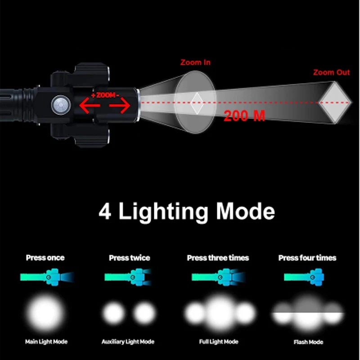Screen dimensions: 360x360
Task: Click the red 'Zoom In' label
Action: pyautogui.click(x=195, y=63)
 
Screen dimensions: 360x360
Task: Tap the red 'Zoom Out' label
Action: pyautogui.click(x=331, y=72)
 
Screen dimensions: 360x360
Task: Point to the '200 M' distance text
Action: pyautogui.click(x=244, y=116)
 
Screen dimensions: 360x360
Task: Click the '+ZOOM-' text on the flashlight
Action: pyautogui.click(x=105, y=95)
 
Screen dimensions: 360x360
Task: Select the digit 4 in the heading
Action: pyautogui.click(x=105, y=212)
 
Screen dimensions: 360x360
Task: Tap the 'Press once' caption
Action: pyautogui.click(x=45, y=258)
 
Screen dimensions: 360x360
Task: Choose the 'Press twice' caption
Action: pyautogui.click(x=130, y=258)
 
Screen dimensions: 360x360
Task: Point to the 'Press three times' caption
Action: pyautogui.click(x=218, y=258)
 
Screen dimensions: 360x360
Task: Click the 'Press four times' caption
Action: pyautogui.click(x=307, y=258)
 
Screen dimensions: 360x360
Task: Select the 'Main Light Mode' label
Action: pyautogui.click(x=46, y=342)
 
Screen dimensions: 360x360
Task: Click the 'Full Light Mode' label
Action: pyautogui.click(x=219, y=342)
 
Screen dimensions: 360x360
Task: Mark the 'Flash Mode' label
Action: pyautogui.click(x=308, y=342)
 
